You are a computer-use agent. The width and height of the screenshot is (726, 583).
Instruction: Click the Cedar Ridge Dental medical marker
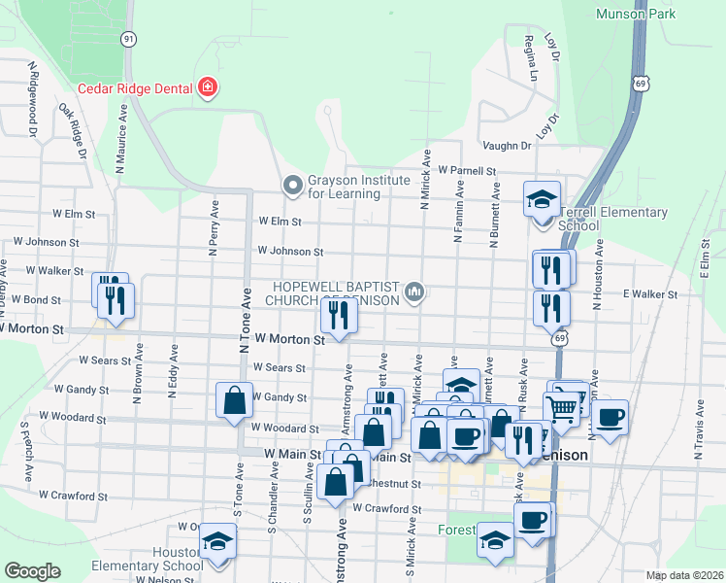(x=207, y=88)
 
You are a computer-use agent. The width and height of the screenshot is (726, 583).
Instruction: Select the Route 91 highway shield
(x=129, y=38)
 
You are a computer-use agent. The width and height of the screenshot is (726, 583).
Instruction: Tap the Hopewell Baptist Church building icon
(x=414, y=291)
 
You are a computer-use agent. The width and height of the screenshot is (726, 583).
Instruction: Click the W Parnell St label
(x=467, y=170)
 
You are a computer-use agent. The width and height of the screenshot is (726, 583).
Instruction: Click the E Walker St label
(x=649, y=292)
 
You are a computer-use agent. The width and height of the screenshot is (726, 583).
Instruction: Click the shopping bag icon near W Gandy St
(x=234, y=399)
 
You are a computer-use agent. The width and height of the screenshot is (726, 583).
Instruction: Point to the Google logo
(x=32, y=570)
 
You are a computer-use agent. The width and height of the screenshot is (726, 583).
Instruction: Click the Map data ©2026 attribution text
(x=684, y=575)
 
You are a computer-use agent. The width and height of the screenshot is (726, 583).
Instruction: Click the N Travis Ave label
(x=697, y=432)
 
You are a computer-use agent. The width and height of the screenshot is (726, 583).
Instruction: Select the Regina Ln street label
(x=530, y=58)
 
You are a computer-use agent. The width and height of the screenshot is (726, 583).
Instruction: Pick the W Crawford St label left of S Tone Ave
(x=74, y=496)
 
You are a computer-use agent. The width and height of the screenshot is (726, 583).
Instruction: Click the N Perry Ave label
(x=214, y=228)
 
